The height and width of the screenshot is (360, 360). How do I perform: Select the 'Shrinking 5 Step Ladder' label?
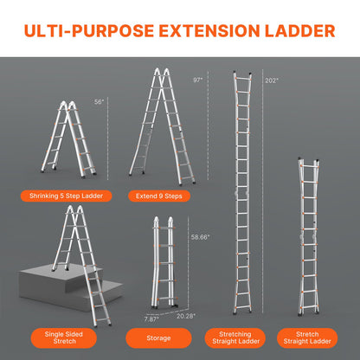72,196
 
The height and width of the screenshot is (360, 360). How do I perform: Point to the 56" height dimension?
100,101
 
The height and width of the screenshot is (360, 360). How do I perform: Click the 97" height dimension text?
196,80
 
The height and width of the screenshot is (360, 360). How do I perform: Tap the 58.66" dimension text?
200,236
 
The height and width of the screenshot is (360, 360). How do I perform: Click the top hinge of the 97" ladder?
161,73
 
